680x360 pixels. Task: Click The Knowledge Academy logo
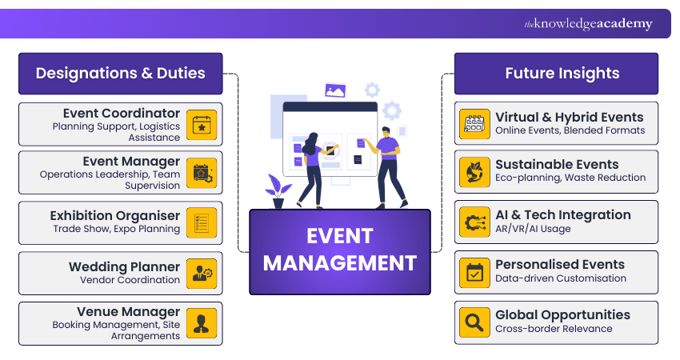pos(588,24)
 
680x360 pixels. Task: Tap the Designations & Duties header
pos(120,74)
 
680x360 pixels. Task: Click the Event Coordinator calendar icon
pos(201,124)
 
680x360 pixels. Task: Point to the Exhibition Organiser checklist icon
pos(201,222)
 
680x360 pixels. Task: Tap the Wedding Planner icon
pos(201,273)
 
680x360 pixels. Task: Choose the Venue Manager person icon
pos(201,323)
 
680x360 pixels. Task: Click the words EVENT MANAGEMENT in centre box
pos(340,250)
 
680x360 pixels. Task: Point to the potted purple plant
pos(278,193)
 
